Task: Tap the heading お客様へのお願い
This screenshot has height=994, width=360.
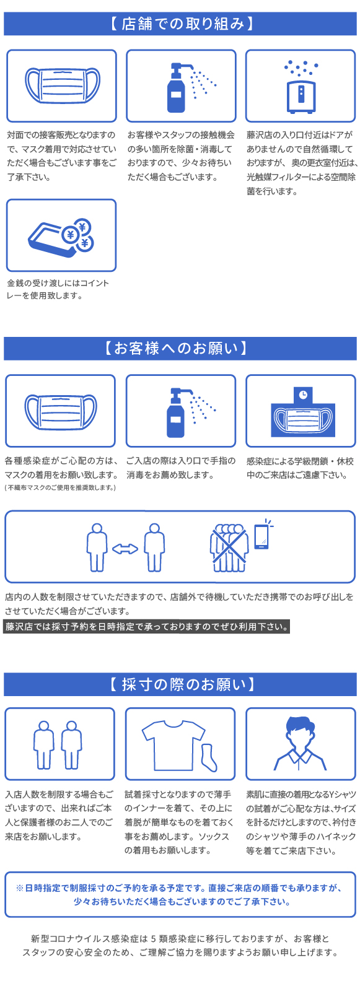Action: [176, 348]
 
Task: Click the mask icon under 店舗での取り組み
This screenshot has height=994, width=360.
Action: [62, 85]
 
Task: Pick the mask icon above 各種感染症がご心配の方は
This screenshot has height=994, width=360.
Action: [61, 411]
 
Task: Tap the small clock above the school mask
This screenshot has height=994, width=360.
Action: [303, 394]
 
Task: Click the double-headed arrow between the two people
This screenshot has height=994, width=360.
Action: [125, 549]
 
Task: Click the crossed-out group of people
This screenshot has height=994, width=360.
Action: [229, 548]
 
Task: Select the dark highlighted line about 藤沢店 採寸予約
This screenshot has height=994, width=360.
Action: [146, 627]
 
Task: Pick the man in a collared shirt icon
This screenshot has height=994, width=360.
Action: [301, 743]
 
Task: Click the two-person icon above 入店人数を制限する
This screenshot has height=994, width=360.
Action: [58, 744]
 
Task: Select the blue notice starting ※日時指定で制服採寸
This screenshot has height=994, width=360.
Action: [180, 894]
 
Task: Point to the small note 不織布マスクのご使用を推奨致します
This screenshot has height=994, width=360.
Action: [60, 487]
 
